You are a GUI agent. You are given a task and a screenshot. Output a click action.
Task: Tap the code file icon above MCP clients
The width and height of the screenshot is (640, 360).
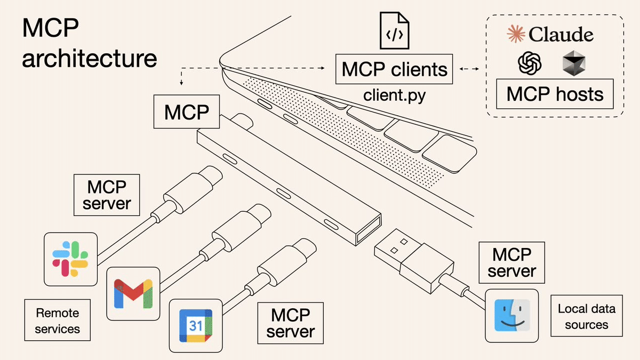394,30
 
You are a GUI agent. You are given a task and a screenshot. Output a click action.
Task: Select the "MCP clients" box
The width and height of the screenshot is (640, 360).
394,69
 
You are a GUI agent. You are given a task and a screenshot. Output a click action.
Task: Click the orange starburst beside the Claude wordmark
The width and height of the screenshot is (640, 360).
515,35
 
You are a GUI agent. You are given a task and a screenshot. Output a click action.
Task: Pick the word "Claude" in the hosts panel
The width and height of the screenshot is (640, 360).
561,35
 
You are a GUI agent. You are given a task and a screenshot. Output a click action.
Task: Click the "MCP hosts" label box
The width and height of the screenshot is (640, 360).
555,94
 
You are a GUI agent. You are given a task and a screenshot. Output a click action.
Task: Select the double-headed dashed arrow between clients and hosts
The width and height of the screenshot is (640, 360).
469,69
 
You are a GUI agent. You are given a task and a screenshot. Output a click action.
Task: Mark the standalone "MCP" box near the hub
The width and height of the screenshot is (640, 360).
186,112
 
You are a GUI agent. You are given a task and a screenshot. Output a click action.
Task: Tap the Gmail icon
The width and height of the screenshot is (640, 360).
133,294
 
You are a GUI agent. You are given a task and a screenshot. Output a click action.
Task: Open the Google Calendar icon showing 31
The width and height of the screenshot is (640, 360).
195,325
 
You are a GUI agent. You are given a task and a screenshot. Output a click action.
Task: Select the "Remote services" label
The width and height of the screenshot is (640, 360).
57,321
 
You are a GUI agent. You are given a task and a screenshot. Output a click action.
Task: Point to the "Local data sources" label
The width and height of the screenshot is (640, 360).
586,316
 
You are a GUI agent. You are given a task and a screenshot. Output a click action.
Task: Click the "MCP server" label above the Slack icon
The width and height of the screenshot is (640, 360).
107,195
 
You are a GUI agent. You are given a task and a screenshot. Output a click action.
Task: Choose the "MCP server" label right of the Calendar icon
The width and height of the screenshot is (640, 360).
291,323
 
